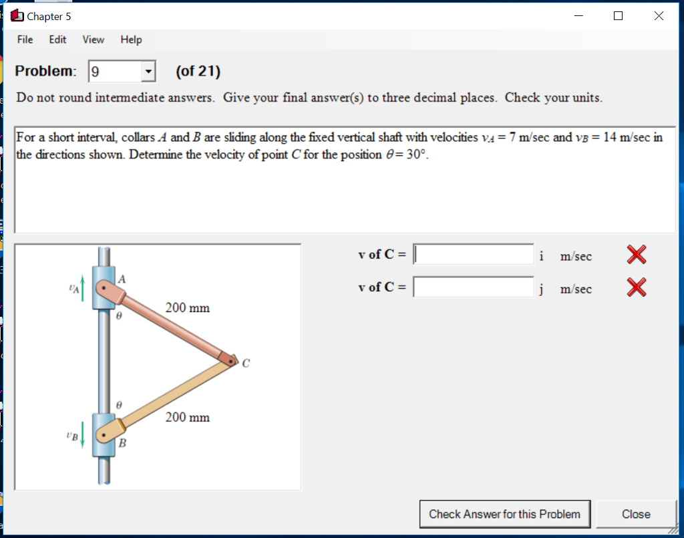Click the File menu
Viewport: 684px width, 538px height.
tap(25, 39)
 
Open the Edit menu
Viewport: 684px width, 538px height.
tap(57, 39)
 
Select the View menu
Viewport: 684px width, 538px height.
tap(93, 39)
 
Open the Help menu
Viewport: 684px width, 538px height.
tap(131, 39)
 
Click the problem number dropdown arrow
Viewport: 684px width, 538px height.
tap(149, 71)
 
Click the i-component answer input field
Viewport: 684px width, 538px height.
tap(474, 255)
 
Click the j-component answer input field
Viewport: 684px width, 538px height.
tap(474, 287)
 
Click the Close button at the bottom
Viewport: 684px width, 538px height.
tap(635, 514)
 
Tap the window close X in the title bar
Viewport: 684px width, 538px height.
tap(659, 16)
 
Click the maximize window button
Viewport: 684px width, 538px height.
tap(618, 16)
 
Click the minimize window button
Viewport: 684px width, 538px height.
tap(578, 16)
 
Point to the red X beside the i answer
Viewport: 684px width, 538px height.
tap(637, 255)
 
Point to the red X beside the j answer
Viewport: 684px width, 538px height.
tap(637, 287)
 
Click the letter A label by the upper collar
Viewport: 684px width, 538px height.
tap(123, 277)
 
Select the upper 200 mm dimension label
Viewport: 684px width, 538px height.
tap(187, 308)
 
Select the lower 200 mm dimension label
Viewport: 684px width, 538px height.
tap(187, 418)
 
